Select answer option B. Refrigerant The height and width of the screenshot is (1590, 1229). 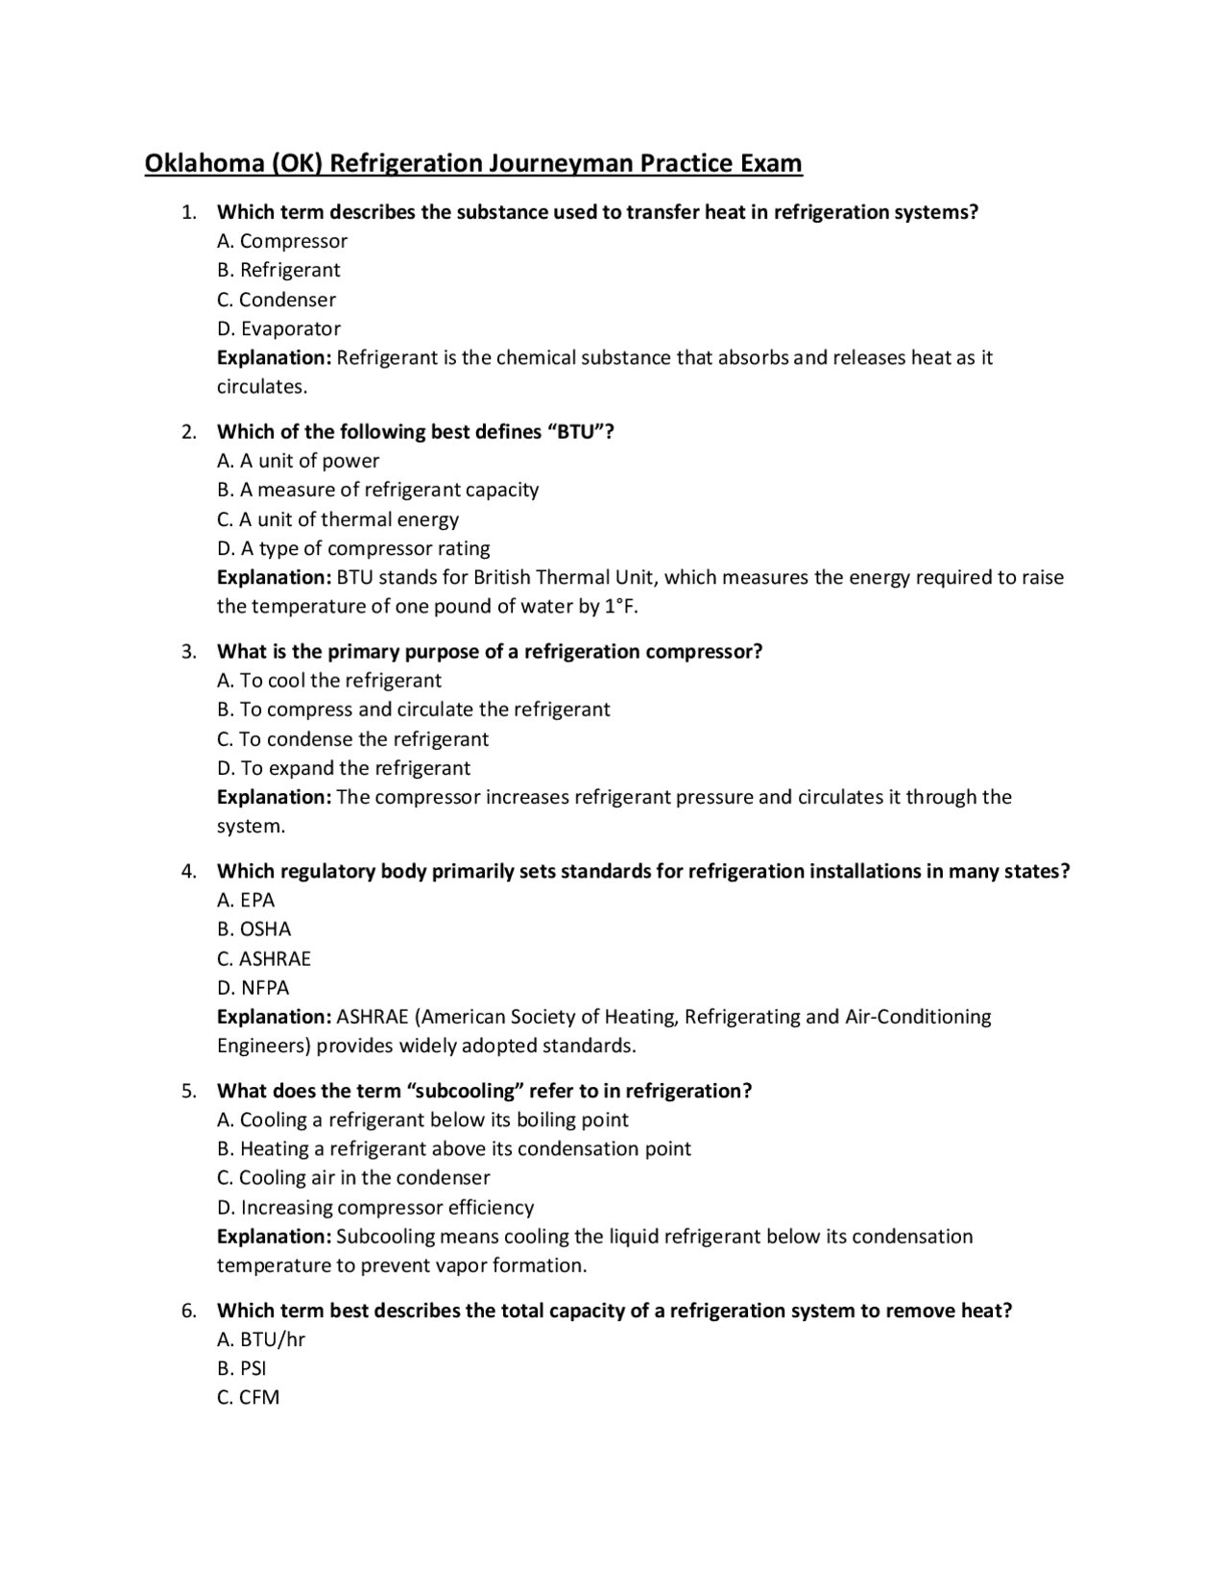click(x=278, y=270)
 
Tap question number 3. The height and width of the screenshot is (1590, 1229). click(x=189, y=652)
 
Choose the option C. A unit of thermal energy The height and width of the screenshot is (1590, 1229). click(x=338, y=519)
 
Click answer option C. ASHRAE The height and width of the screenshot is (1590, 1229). click(x=264, y=958)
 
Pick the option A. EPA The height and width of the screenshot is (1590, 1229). click(x=246, y=900)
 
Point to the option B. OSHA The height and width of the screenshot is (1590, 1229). click(x=253, y=928)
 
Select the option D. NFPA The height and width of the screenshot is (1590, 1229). click(x=253, y=987)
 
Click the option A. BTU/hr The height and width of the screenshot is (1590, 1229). click(x=261, y=1339)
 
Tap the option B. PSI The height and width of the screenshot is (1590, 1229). click(x=242, y=1368)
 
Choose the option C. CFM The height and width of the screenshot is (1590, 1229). click(x=248, y=1397)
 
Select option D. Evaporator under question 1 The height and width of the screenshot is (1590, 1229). click(x=278, y=328)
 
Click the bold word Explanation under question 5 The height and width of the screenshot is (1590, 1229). click(x=274, y=1237)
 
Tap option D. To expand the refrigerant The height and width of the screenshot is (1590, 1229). click(x=344, y=768)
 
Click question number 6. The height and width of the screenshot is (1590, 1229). click(x=189, y=1311)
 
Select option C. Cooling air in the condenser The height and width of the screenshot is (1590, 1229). click(x=353, y=1177)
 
